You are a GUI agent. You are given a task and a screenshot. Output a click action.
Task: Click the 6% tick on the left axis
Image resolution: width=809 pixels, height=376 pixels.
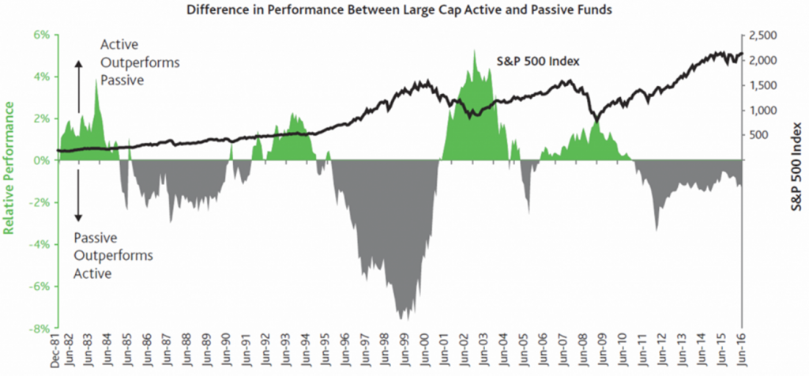point(40,36)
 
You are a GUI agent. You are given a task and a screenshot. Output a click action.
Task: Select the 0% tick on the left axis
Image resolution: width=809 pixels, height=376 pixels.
point(40,161)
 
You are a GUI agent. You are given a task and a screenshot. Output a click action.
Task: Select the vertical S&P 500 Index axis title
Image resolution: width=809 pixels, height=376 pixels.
point(796,166)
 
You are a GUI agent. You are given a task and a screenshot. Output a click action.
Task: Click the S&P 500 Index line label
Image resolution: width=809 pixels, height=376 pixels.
point(537,60)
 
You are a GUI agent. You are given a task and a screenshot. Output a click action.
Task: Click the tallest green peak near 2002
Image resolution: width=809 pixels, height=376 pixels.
point(474,52)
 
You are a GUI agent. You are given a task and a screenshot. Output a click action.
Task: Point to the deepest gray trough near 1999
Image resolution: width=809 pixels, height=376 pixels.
point(401,318)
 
